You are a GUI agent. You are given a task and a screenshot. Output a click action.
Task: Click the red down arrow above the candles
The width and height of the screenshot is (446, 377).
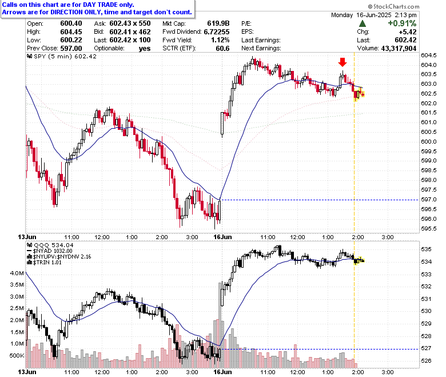click(343, 62)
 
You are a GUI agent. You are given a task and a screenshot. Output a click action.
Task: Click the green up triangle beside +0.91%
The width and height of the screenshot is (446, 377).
click(363, 23)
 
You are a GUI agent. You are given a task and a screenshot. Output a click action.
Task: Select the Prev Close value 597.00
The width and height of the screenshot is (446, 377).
click(71, 49)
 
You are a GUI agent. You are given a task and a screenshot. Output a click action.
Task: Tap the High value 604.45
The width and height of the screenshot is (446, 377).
click(71, 32)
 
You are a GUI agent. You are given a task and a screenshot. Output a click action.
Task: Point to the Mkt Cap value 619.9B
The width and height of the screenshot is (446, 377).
click(218, 23)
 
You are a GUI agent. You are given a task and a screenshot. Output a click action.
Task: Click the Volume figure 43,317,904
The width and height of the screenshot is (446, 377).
click(399, 49)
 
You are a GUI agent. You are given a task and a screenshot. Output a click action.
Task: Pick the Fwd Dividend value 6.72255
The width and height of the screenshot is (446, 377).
click(217, 32)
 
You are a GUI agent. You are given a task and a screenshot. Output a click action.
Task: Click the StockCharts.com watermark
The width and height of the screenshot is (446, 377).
click(393, 6)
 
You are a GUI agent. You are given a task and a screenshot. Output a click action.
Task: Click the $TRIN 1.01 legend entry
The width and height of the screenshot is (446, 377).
click(44, 263)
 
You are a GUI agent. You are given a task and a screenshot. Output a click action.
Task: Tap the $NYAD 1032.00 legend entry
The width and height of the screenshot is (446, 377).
click(50, 251)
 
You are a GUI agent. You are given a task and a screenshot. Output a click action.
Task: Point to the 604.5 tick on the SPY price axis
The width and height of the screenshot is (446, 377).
click(429, 55)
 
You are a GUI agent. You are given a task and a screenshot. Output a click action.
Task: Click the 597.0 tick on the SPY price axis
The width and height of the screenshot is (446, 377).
click(429, 200)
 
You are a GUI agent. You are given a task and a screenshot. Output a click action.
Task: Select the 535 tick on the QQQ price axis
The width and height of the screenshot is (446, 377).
click(426, 249)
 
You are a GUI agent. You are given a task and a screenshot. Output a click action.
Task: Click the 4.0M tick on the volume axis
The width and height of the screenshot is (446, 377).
click(17, 273)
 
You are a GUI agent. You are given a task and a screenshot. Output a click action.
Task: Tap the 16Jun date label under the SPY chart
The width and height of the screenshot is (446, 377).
click(223, 237)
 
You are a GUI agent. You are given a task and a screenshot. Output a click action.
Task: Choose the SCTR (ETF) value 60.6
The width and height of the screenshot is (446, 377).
click(223, 49)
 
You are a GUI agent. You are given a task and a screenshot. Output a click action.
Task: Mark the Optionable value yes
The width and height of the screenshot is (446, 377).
click(145, 49)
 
